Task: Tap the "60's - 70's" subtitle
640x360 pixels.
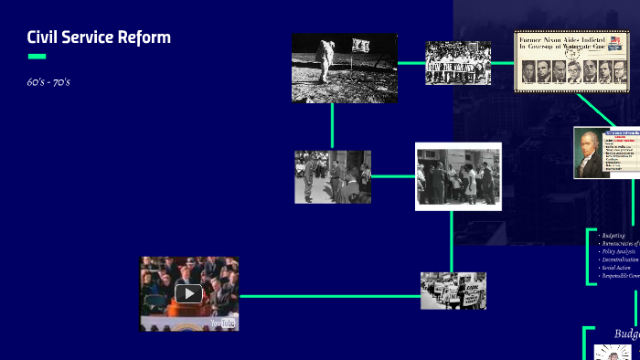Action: click(48, 82)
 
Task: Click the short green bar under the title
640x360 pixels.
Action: click(37, 57)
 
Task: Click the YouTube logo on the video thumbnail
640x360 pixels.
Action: click(222, 323)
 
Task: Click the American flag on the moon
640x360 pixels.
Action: click(362, 46)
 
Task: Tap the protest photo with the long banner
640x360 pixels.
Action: click(457, 63)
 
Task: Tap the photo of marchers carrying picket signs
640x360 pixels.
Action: click(453, 291)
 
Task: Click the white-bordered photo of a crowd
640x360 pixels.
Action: click(457, 176)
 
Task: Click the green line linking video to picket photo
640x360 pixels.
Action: click(329, 296)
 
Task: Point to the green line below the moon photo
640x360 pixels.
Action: click(332, 126)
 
